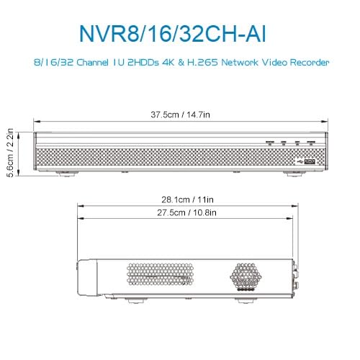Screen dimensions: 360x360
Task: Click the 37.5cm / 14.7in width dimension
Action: (x=181, y=114)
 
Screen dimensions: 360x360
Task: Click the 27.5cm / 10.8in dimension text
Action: (x=184, y=212)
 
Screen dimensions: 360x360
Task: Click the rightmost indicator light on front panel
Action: (x=310, y=143)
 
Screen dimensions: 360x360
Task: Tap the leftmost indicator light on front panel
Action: (x=270, y=143)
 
